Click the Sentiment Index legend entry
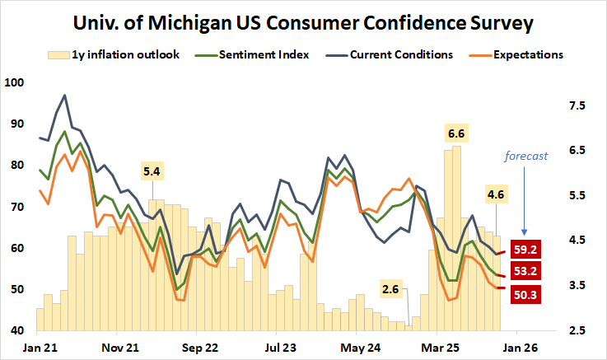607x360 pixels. click(264, 55)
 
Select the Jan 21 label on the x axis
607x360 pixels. click(39, 347)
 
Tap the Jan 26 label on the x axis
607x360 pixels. click(521, 347)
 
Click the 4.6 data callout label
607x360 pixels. click(496, 195)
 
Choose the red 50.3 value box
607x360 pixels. click(527, 293)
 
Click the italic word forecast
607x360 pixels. click(526, 154)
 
